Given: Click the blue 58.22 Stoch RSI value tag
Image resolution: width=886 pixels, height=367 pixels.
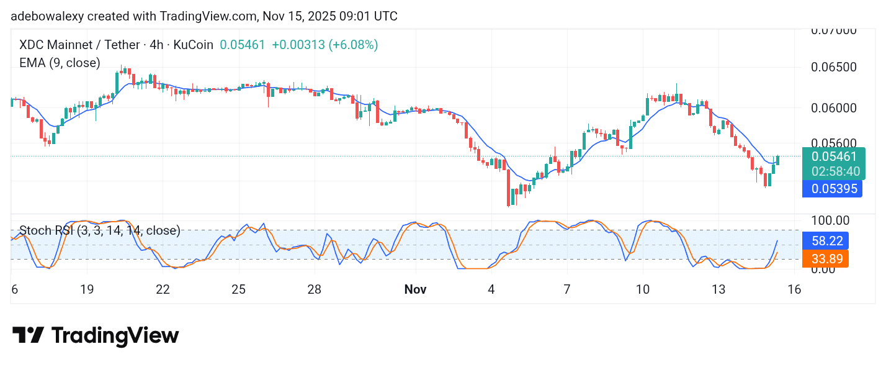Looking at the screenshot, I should [x=825, y=240].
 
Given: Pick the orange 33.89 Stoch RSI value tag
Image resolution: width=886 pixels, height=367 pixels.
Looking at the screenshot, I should [x=825, y=258].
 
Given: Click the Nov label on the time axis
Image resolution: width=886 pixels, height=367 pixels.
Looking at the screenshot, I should [x=415, y=289].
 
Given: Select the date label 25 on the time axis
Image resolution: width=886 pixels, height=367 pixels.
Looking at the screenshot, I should [x=239, y=289].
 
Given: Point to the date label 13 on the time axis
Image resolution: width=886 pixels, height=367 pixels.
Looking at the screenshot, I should [x=718, y=289].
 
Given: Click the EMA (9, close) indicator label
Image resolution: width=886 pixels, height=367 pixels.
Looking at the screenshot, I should [x=60, y=63].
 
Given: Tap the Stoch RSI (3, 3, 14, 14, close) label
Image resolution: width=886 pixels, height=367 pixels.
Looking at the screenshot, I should [x=100, y=231].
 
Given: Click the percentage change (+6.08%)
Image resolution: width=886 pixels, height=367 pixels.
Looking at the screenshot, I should [x=353, y=45].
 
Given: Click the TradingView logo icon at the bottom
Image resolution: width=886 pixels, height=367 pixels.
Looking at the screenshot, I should [x=28, y=336].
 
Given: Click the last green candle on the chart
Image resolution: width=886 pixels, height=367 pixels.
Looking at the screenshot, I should [x=778, y=160].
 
